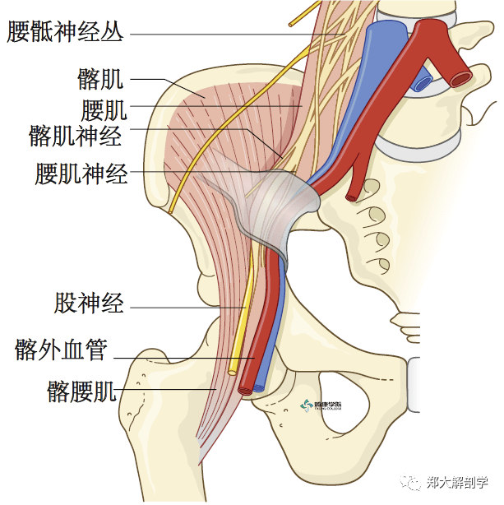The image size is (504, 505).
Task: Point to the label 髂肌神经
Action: [75, 135]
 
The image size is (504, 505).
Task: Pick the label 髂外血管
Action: [61, 350]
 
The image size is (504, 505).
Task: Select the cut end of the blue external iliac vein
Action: [260, 384]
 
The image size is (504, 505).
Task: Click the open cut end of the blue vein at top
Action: [423, 82]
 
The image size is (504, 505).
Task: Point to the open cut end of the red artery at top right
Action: [460, 78]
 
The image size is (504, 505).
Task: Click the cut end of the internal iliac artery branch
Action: [352, 197]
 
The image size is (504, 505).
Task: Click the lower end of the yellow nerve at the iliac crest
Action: [170, 211]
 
